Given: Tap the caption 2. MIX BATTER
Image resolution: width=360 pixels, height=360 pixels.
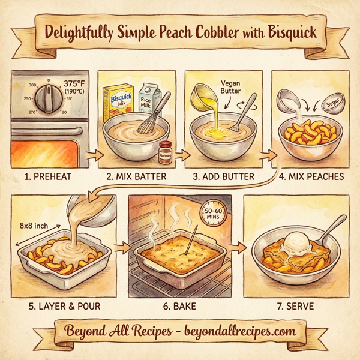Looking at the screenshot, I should pos(136,178).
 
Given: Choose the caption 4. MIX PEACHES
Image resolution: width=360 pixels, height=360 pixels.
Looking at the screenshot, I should pos(311,178).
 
